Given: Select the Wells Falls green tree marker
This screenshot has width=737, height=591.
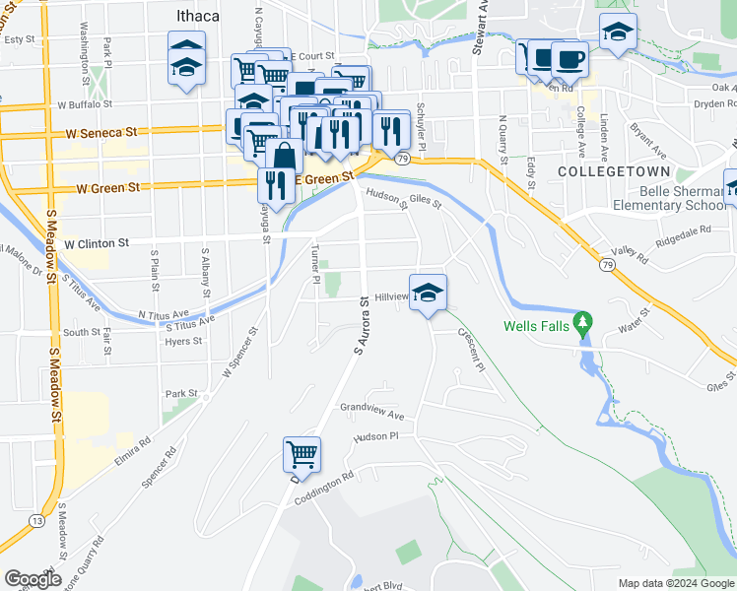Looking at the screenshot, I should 583,321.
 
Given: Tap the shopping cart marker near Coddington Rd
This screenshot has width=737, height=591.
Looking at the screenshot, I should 301,455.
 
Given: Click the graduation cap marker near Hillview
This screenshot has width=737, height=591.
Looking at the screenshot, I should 428,293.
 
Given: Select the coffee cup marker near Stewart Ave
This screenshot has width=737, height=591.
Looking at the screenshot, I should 569,57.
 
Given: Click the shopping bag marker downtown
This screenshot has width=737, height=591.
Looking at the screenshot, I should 284,156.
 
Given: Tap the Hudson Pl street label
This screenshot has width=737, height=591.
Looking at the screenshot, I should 374,435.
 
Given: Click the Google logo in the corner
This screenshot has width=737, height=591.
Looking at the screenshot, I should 33,579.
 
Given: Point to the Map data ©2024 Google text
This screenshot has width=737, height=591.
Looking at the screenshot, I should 676,583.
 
